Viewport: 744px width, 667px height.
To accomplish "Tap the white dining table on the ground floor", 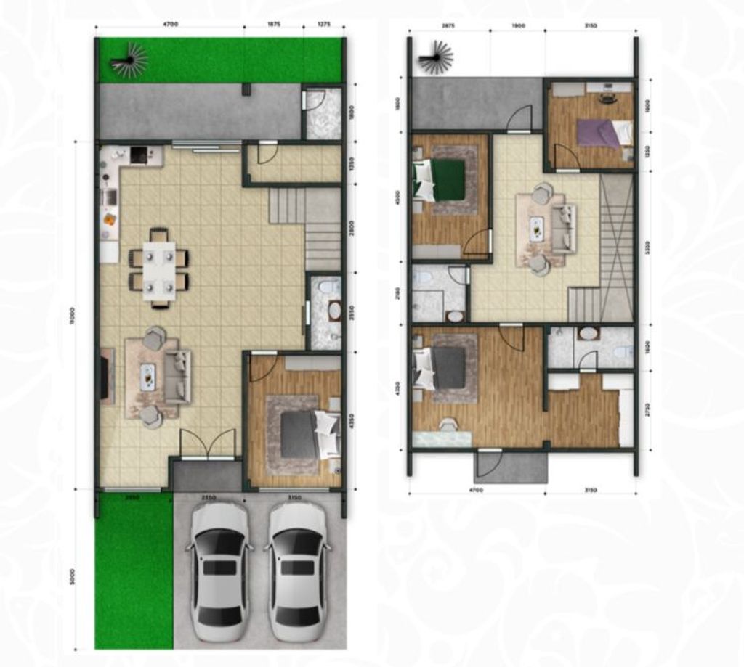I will pyautogui.click(x=158, y=270).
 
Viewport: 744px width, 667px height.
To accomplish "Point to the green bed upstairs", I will pyautogui.click(x=446, y=179).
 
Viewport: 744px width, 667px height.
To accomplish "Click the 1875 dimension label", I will pyautogui.click(x=273, y=25).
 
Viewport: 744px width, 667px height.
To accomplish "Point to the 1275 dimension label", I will pyautogui.click(x=324, y=25).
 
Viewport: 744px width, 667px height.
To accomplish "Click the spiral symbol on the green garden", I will pyautogui.click(x=129, y=60).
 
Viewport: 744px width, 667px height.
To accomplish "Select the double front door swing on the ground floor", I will pyautogui.click(x=208, y=443).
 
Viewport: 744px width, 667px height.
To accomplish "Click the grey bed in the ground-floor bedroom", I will pyautogui.click(x=299, y=434).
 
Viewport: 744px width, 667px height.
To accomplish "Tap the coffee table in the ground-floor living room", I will pyautogui.click(x=148, y=377).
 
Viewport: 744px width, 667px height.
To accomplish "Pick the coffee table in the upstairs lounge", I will pyautogui.click(x=537, y=229).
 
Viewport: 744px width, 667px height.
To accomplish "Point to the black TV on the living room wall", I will pyautogui.click(x=104, y=377).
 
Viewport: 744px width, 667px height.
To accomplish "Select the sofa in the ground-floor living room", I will pyautogui.click(x=177, y=377).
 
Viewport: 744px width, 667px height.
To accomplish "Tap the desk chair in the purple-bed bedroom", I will pyautogui.click(x=608, y=99).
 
